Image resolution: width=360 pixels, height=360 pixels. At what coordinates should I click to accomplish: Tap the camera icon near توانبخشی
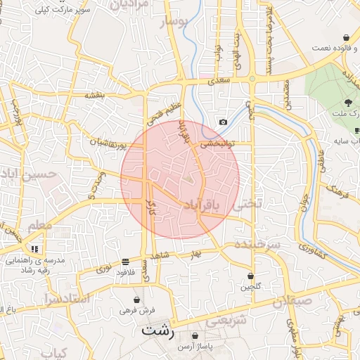coord(224,122)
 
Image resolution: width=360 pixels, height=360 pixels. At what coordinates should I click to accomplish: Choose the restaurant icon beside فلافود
coord(125,261)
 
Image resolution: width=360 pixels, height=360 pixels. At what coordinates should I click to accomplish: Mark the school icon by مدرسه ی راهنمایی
coord(35,249)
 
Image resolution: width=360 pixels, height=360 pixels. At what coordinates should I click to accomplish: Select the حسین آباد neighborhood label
coord(27,172)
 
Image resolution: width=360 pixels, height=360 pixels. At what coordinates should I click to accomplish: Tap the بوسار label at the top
coord(175,23)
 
